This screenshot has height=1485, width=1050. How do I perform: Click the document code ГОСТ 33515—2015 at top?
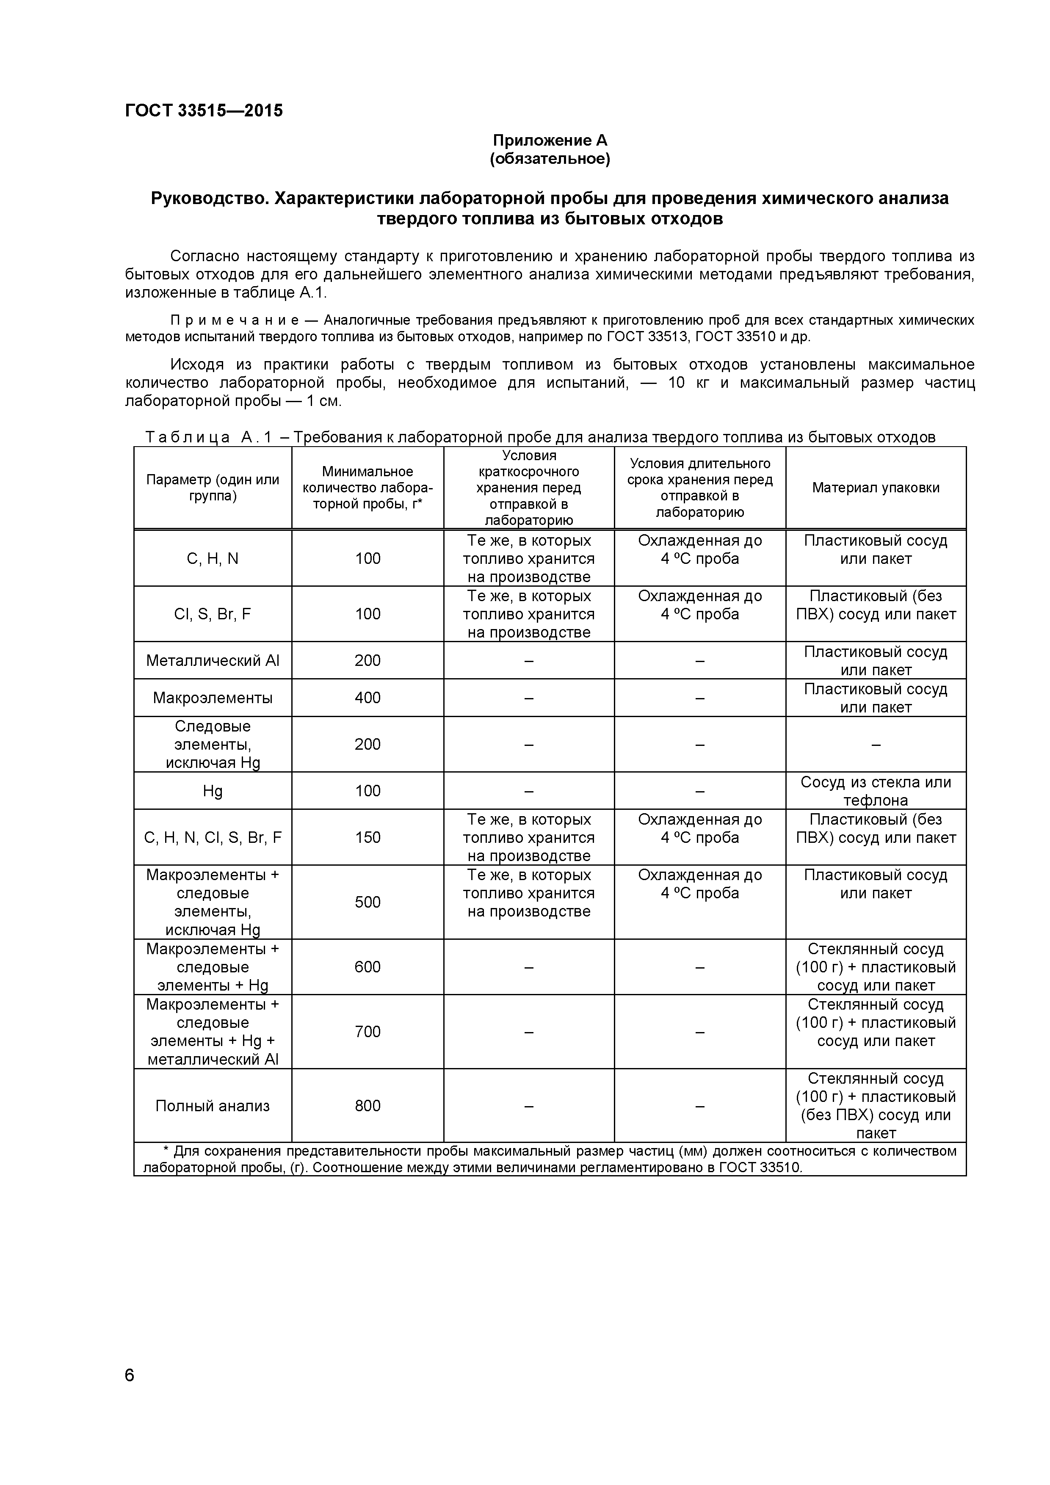click(x=204, y=110)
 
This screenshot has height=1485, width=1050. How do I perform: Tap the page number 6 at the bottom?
click(x=130, y=1393)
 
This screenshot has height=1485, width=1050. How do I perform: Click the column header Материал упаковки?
click(x=875, y=488)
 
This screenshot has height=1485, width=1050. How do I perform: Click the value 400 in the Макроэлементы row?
click(x=367, y=698)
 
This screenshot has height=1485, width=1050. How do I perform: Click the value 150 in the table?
click(x=367, y=838)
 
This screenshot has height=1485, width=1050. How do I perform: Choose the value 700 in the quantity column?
click(x=367, y=1032)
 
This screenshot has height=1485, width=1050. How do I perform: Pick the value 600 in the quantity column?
click(x=367, y=967)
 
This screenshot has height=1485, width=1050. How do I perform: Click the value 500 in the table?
click(x=367, y=902)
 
